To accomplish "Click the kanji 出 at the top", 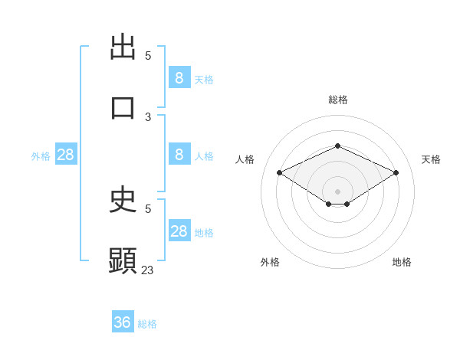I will click(x=123, y=47).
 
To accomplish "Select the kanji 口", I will click(x=123, y=107).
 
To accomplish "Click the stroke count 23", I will click(x=148, y=270).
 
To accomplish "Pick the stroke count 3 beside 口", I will click(x=148, y=117).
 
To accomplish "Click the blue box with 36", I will click(x=123, y=322).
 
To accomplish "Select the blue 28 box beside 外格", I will click(x=66, y=155).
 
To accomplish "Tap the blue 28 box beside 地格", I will click(x=179, y=231).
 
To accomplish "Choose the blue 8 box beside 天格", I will click(x=179, y=77).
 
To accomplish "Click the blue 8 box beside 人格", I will click(x=179, y=155).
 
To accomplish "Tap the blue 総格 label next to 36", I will click(x=147, y=324).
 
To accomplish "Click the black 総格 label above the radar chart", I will click(x=337, y=100).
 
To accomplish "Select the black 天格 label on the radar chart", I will click(x=431, y=159).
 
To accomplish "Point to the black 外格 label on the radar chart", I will click(x=270, y=262).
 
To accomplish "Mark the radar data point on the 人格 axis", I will click(x=280, y=173).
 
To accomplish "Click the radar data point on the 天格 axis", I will click(x=396, y=173).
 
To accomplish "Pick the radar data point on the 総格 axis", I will click(x=337, y=146).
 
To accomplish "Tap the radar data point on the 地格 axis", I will click(x=347, y=204).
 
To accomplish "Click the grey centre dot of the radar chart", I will click(x=337, y=191).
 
